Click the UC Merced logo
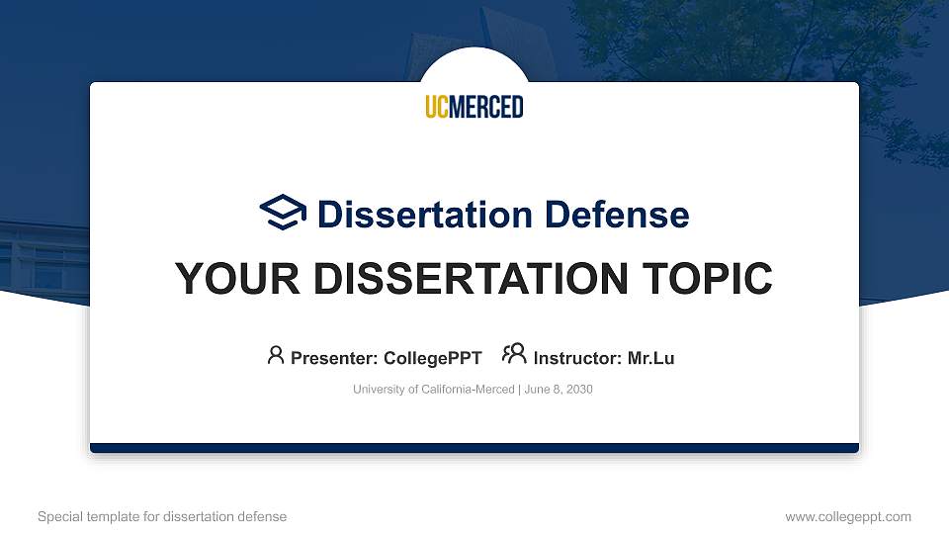pyautogui.click(x=474, y=107)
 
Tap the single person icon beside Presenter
pyautogui.click(x=276, y=355)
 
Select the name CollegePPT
pyautogui.click(x=433, y=358)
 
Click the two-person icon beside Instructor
pyautogui.click(x=514, y=355)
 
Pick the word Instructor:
pyautogui.click(x=577, y=358)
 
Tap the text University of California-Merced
pyautogui.click(x=433, y=390)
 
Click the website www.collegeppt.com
pyautogui.click(x=847, y=516)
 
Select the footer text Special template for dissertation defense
pyautogui.click(x=162, y=516)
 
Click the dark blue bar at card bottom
pyautogui.click(x=474, y=448)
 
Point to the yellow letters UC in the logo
pyautogui.click(x=437, y=107)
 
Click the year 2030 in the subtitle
pyautogui.click(x=578, y=390)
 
